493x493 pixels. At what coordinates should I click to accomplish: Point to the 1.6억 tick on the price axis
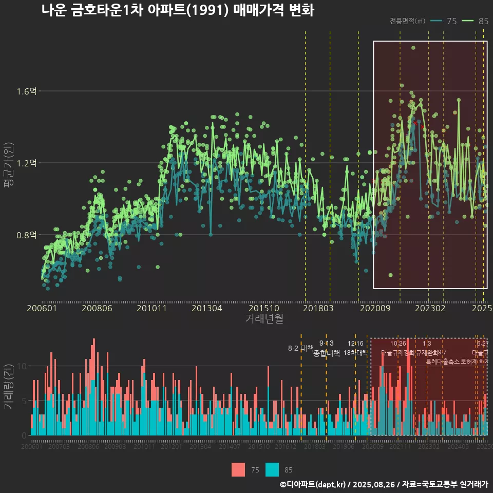click(x=27, y=91)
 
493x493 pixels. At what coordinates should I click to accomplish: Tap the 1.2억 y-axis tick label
click(x=27, y=163)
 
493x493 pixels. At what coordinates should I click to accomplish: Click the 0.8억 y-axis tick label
click(x=27, y=235)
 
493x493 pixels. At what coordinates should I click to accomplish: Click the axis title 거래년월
click(x=264, y=319)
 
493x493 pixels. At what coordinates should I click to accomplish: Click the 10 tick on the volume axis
click(x=23, y=366)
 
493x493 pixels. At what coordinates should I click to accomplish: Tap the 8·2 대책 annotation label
click(x=300, y=348)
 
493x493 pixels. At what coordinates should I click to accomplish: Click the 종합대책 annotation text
click(x=327, y=353)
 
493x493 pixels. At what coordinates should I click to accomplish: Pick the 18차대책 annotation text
click(x=355, y=353)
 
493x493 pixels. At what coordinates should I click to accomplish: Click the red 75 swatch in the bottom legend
click(x=238, y=469)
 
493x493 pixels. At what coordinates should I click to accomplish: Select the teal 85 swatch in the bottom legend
click(x=272, y=469)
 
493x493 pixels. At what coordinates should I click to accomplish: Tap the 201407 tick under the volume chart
click(x=230, y=447)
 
